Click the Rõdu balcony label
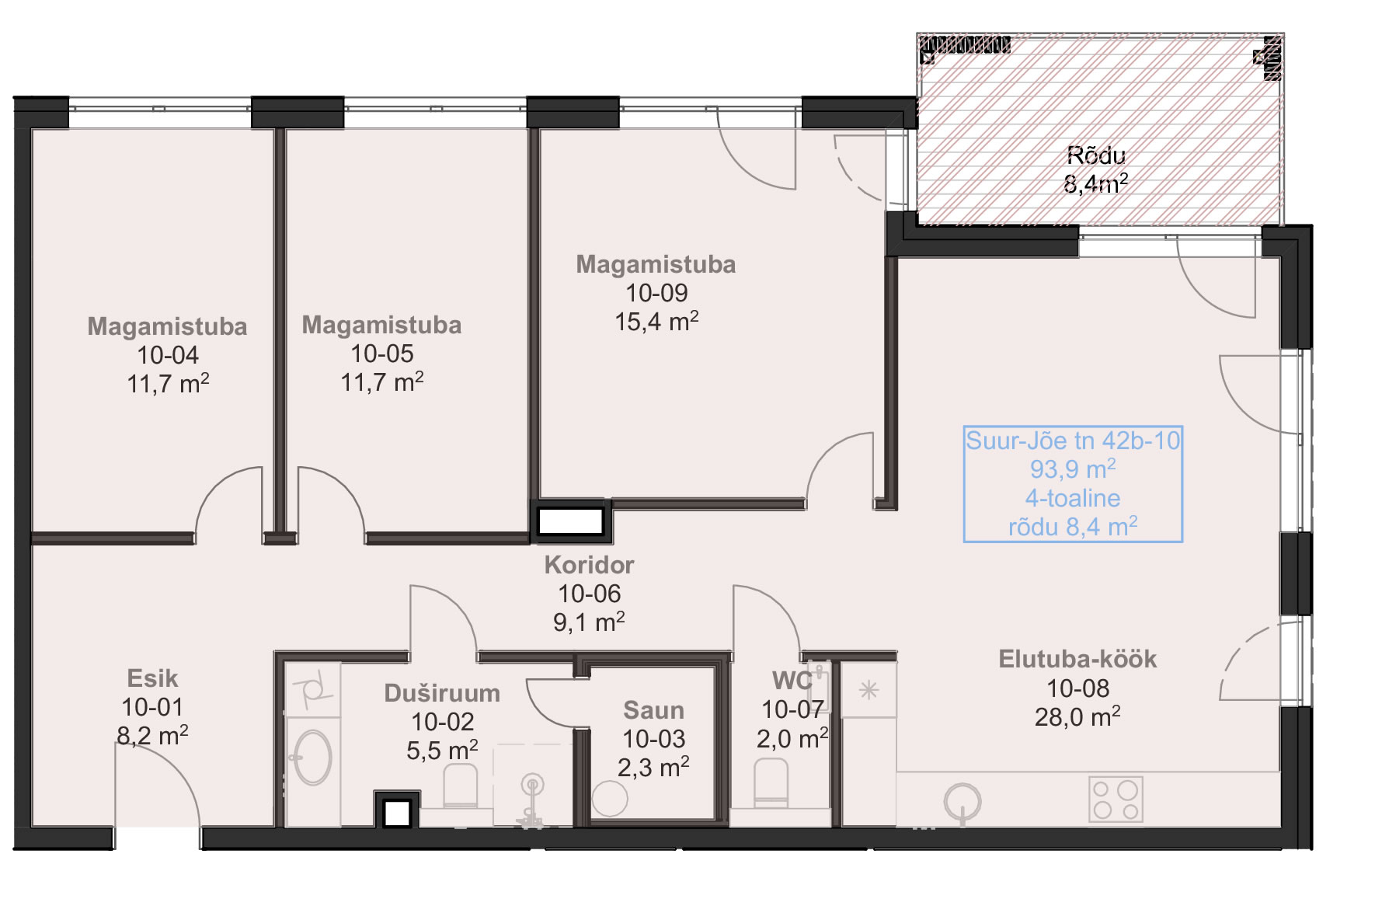[x=1095, y=155]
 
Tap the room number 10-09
[x=656, y=293]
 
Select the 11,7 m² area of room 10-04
[x=168, y=384]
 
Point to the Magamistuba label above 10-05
[x=381, y=325]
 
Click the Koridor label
[x=589, y=565]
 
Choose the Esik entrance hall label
[x=152, y=678]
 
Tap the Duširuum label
[x=442, y=693]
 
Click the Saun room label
[x=653, y=710]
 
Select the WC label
[x=792, y=681]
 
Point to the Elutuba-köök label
[x=1077, y=660]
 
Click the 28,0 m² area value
[x=1077, y=716]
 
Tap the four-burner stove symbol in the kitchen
[x=1116, y=799]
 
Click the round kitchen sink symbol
[x=962, y=800]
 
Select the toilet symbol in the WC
[x=771, y=783]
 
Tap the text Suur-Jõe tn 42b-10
[x=1073, y=441]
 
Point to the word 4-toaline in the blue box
[x=1073, y=498]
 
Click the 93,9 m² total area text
[x=1073, y=469]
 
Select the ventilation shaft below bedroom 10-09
[x=571, y=521]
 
